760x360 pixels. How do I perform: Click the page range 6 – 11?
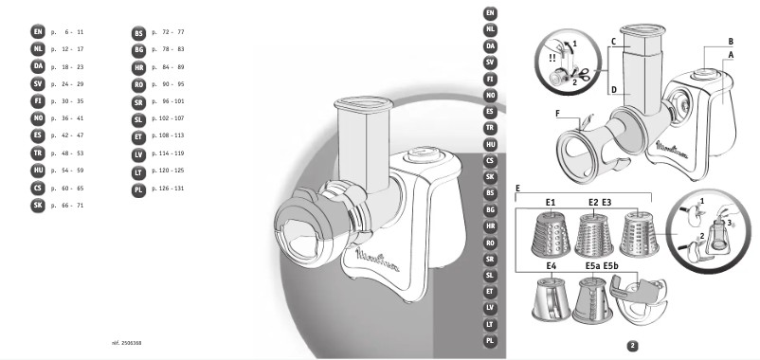coord(71,32)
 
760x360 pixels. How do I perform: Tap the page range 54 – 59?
coord(71,170)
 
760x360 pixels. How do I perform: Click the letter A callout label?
coord(731,56)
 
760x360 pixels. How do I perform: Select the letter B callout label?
coord(731,42)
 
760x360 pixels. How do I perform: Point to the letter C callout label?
coord(614,43)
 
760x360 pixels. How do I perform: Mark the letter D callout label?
coord(614,91)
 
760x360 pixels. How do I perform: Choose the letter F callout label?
coord(559,113)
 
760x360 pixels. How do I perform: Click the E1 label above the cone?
coord(549,203)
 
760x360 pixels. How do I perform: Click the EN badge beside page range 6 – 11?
coord(37,32)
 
